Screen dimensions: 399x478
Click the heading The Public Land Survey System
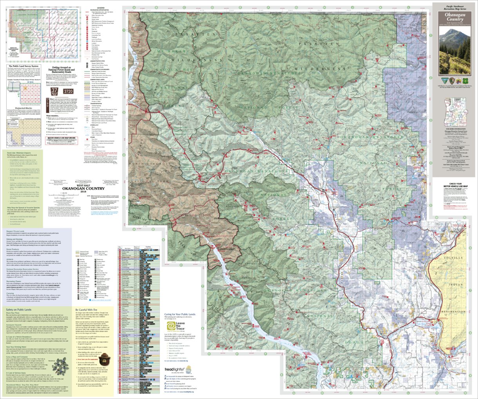coord(24,66)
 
